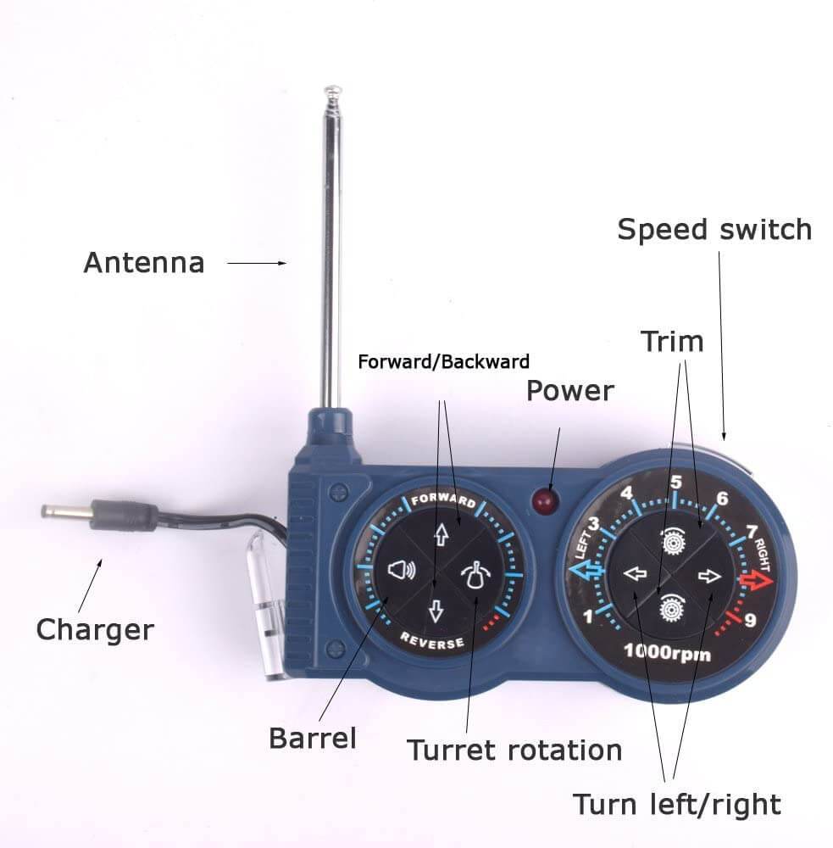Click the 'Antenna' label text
144,263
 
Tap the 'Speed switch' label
714,229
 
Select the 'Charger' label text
95,630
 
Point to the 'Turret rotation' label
514,750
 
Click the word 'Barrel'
313,739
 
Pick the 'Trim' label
673,342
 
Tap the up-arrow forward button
441,534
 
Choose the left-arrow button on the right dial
635,573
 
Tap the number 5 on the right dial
675,483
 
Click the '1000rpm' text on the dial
667,652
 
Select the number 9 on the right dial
750,620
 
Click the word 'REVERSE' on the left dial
432,640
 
